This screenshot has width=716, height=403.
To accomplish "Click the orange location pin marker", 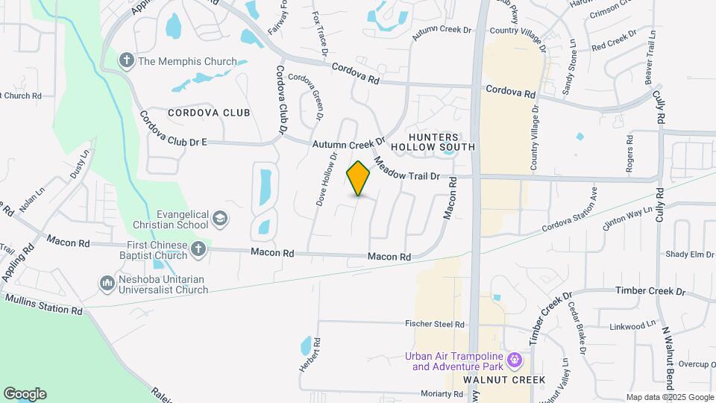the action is click(358, 178).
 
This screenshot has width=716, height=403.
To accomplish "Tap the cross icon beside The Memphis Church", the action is click(128, 60).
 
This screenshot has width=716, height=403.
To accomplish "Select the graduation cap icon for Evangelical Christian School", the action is click(220, 219).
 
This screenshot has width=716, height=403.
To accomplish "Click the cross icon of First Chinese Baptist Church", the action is click(198, 249).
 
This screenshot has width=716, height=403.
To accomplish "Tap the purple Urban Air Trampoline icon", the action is click(515, 360).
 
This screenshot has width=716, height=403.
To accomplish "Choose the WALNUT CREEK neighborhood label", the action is click(503, 380).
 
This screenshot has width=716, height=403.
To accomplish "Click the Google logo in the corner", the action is click(25, 394).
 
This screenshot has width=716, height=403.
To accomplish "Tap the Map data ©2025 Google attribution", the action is click(669, 397).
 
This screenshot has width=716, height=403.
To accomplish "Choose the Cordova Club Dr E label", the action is click(173, 130).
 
